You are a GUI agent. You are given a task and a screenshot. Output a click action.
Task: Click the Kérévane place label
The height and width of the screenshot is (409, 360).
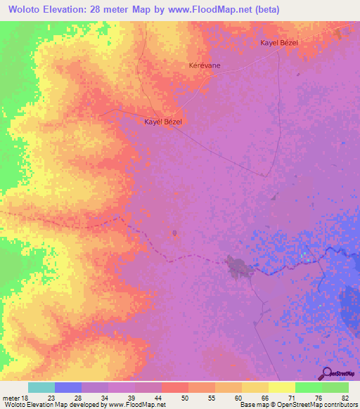tap(205, 65)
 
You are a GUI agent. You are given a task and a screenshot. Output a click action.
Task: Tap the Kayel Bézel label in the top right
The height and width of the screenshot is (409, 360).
tap(279, 44)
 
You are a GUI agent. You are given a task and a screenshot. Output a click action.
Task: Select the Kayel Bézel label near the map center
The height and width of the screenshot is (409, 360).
tap(163, 122)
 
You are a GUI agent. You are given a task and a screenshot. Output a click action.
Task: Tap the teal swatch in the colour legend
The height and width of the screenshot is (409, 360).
tap(41, 387)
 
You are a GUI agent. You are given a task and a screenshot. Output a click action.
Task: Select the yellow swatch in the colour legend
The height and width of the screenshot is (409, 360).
tap(282, 387)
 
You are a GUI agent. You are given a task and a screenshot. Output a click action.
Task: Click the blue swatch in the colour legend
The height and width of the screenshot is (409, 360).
tap(68, 387)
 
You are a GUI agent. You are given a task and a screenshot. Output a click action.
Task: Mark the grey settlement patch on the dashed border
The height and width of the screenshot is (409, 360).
tap(236, 266)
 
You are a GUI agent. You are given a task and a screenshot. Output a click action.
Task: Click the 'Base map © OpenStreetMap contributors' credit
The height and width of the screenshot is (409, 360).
tap(297, 404)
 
